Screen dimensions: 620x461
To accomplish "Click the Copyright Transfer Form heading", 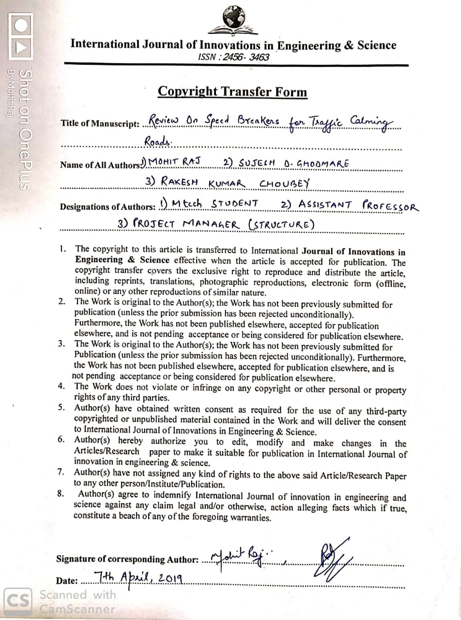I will pyautogui.click(x=232, y=92).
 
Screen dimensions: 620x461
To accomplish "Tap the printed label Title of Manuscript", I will pyautogui.click(x=100, y=124).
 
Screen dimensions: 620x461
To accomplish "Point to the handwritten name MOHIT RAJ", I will pyautogui.click(x=177, y=161).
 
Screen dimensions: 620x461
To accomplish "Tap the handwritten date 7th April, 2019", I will pyautogui.click(x=138, y=577).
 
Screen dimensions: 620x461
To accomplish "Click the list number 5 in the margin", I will pyautogui.click(x=61, y=407).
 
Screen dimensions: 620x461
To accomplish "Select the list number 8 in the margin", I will pyautogui.click(x=61, y=494).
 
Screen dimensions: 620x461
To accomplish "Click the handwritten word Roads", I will pyautogui.click(x=158, y=141).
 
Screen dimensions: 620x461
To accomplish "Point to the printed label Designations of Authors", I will pyautogui.click(x=108, y=207).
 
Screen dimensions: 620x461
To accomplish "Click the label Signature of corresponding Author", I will pyautogui.click(x=127, y=559).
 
